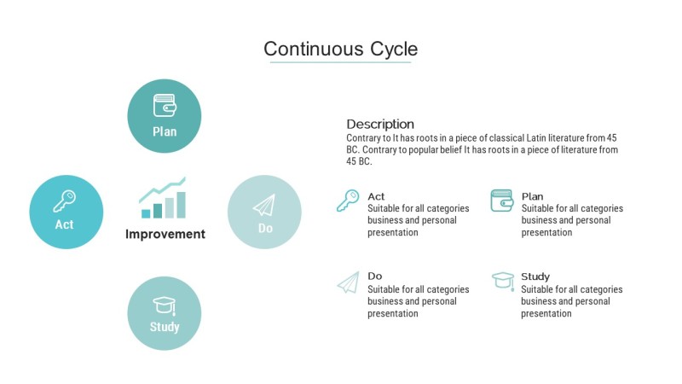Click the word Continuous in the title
(313, 49)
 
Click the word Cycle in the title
(394, 49)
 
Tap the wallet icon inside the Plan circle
(165, 105)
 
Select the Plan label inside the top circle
(165, 131)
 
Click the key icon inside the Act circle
(65, 201)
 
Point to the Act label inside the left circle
(65, 224)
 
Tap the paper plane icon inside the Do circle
(264, 205)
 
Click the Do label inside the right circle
(265, 228)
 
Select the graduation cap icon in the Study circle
(165, 305)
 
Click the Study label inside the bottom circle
(165, 327)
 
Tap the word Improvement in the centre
(165, 234)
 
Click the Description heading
(380, 124)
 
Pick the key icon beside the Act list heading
(348, 201)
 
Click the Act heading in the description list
(376, 196)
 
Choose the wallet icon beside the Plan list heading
(502, 201)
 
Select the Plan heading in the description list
(532, 196)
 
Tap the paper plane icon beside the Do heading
(349, 282)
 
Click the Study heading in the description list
(535, 276)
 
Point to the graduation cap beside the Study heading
(503, 281)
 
